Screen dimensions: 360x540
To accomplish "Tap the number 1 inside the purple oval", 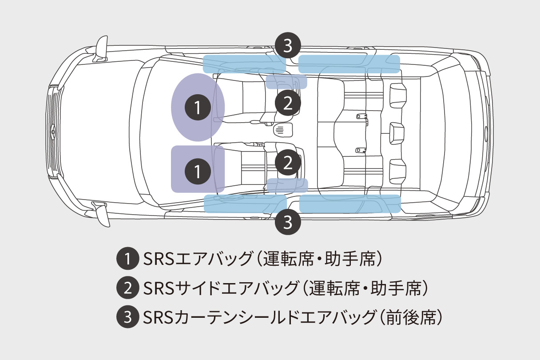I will tap(198, 107).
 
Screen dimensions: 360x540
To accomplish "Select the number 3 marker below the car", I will tap(288, 221).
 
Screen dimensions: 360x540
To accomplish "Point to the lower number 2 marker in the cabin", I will tap(288, 163).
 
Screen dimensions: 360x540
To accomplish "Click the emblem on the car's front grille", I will tap(52, 130).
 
